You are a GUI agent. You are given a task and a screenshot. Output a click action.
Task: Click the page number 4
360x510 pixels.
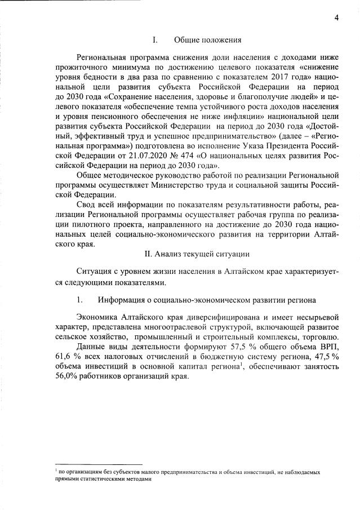(336, 17)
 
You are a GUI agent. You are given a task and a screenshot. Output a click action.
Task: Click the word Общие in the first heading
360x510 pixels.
(186, 40)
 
